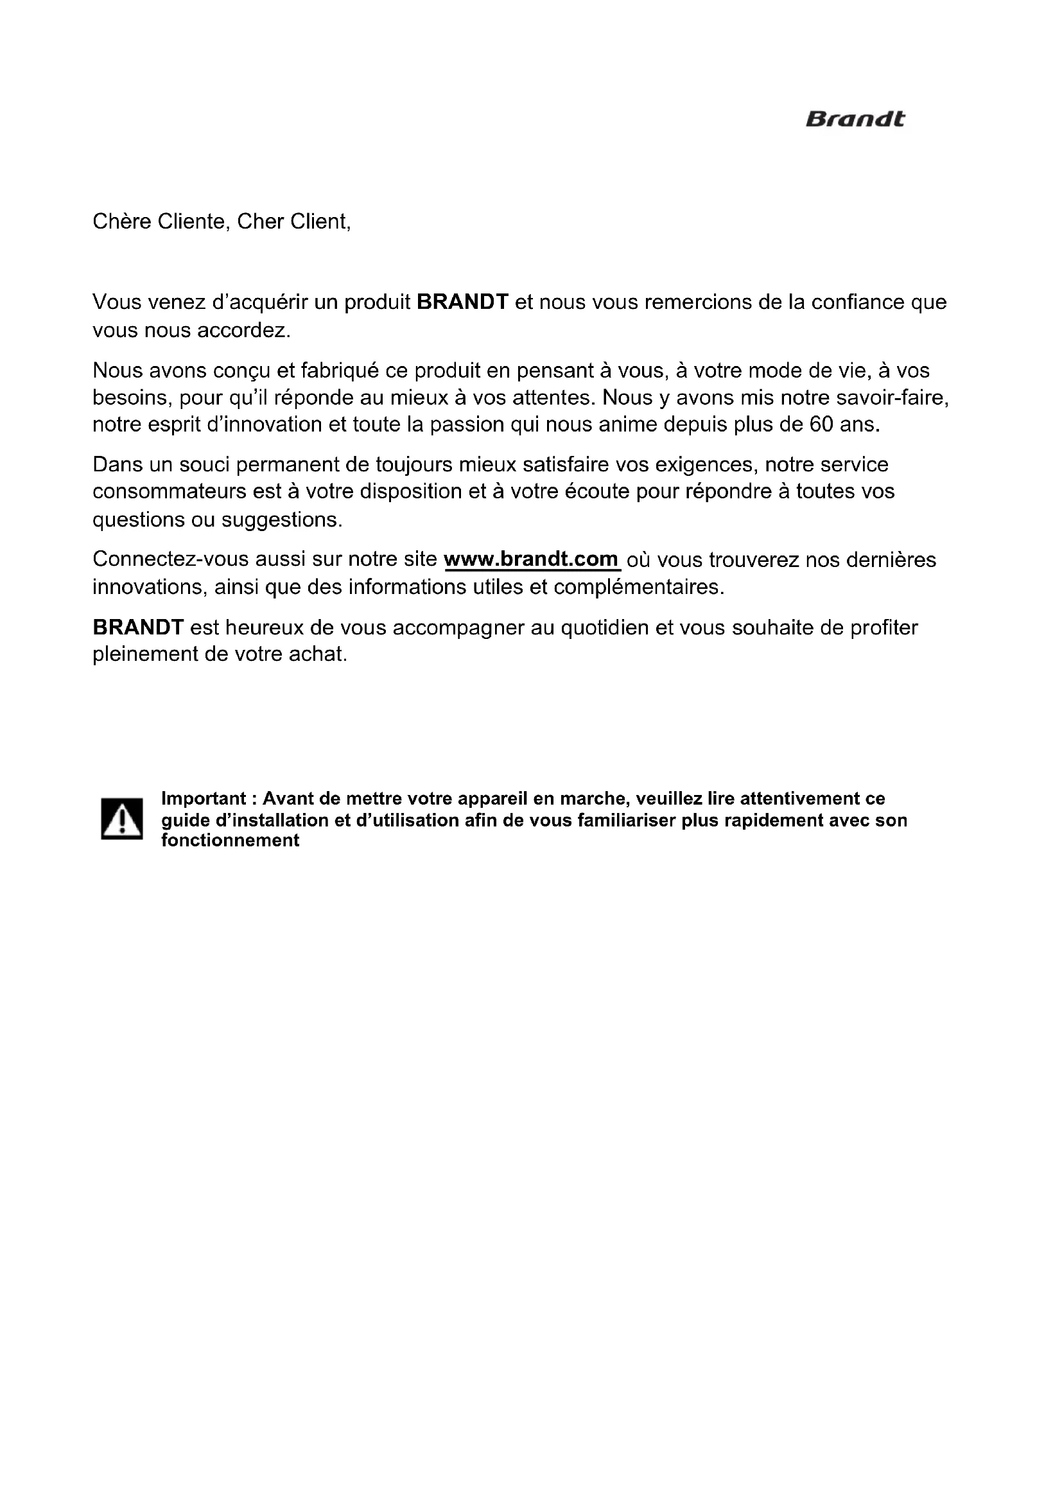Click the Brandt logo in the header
click(x=855, y=119)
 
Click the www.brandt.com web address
click(x=531, y=559)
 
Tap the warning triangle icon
click(x=121, y=818)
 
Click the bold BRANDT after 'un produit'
click(x=462, y=302)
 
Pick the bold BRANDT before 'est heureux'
click(x=138, y=627)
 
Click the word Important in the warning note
click(x=204, y=798)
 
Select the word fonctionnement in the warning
click(x=231, y=841)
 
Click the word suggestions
click(x=282, y=520)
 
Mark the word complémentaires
click(x=639, y=588)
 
